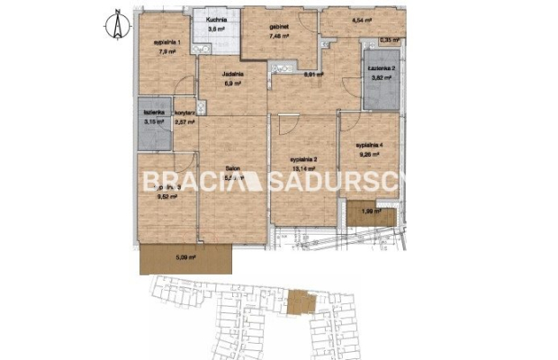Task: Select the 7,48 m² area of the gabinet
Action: (280, 38)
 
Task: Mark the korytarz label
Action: (184, 112)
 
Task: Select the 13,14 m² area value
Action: (304, 167)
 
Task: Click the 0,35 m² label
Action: (389, 40)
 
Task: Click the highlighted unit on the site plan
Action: (297, 301)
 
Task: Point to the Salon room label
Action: (231, 169)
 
